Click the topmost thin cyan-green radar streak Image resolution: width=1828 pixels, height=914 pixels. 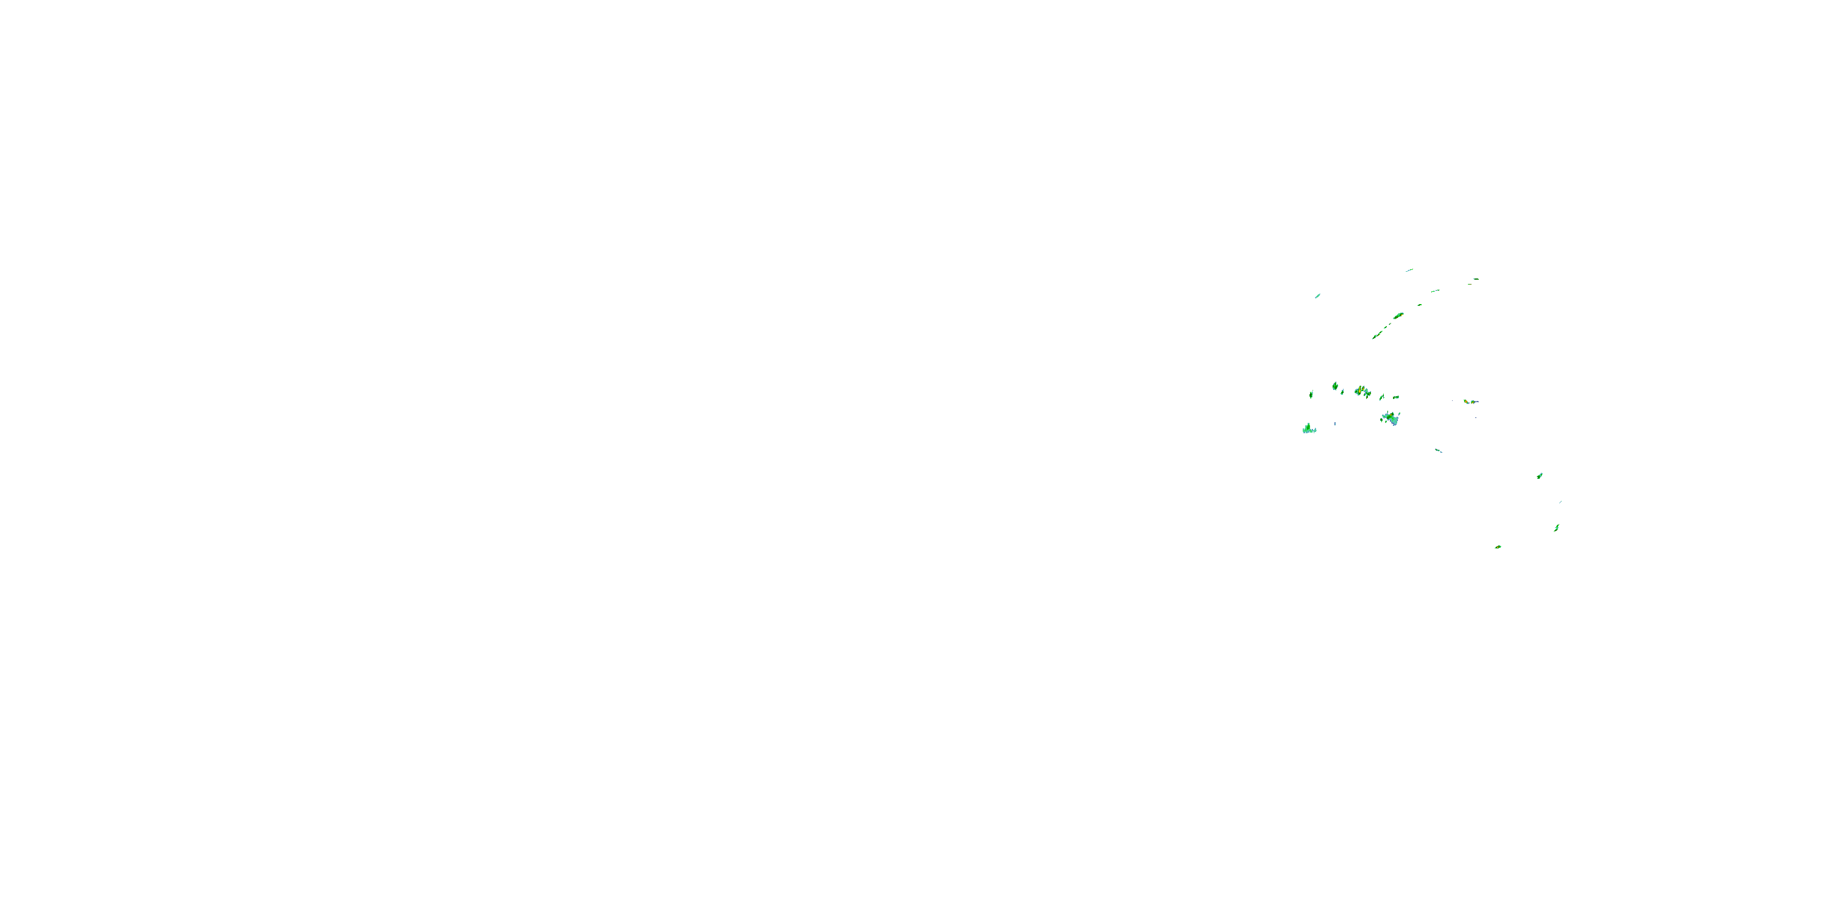coord(1409,270)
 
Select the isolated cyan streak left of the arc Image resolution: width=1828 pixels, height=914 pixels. coord(1318,295)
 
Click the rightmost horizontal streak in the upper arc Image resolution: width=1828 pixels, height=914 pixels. coord(1475,279)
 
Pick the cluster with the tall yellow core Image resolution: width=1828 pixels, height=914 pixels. coord(1361,391)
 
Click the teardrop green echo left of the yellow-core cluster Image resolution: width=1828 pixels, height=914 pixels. coord(1335,386)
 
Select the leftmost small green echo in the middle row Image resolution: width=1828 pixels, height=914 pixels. coord(1311,394)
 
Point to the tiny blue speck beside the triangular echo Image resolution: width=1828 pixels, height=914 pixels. coord(1335,423)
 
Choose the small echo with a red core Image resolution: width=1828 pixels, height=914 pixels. coord(1466,402)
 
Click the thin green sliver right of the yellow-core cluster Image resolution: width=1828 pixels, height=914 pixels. coord(1381,398)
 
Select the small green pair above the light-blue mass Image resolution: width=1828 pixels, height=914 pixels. coord(1397,397)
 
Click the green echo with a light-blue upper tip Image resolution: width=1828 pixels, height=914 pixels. coord(1539,475)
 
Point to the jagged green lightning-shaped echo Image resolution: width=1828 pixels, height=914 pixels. coord(1556,527)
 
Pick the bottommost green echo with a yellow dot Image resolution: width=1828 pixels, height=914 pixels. coord(1498,547)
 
